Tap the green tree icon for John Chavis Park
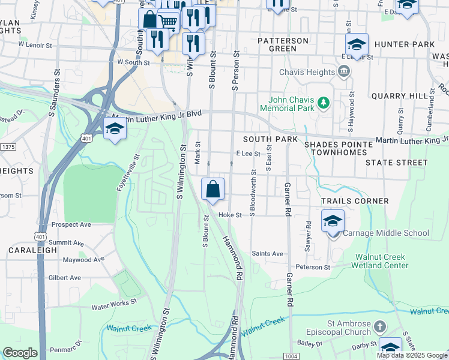324,103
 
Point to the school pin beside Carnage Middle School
333,221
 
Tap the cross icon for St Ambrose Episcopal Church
379,327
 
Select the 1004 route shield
291,356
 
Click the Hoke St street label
230,215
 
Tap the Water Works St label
114,305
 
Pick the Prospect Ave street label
71,224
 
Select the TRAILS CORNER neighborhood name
355,201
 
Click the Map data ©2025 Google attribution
412,355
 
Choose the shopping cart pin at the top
169,22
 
